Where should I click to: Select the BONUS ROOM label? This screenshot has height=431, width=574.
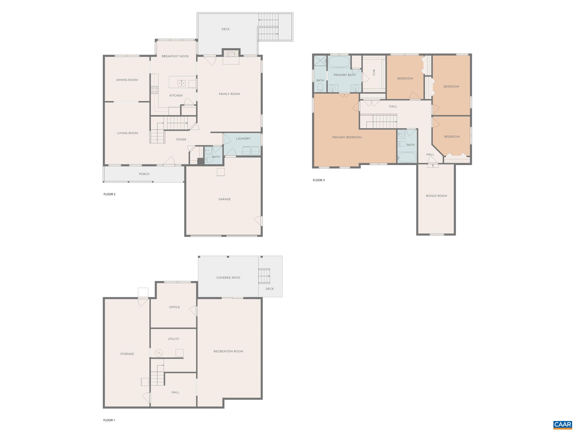click(x=436, y=196)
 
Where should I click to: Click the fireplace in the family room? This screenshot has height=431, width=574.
click(x=231, y=54)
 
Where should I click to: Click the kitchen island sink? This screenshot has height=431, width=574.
click(x=181, y=83)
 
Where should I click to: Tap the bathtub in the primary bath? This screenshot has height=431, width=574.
click(x=339, y=62)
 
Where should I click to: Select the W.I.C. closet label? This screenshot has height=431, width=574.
click(x=374, y=73)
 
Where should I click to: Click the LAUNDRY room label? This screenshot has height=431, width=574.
click(x=243, y=139)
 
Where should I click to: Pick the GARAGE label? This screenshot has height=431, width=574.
click(x=224, y=199)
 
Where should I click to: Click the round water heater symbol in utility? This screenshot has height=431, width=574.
click(x=159, y=353)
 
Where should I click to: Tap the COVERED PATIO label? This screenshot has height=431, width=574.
click(x=228, y=278)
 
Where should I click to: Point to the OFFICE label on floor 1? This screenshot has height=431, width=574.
click(x=174, y=307)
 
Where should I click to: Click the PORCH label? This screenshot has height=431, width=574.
click(x=144, y=174)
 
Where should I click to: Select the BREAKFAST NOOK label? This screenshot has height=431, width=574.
click(x=175, y=56)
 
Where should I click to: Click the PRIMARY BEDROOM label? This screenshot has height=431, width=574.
click(x=347, y=137)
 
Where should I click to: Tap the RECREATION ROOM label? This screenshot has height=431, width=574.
click(x=228, y=351)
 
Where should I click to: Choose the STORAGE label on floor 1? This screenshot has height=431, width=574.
click(x=127, y=354)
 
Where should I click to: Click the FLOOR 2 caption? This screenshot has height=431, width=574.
click(x=109, y=194)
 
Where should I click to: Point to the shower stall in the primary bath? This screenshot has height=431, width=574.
click(x=320, y=60)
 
